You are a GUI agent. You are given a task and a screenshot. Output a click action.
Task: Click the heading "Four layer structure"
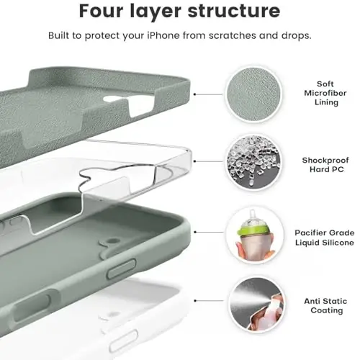179,12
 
